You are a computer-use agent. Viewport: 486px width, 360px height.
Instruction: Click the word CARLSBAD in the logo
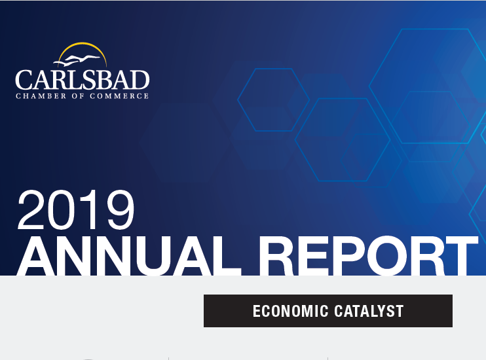tap(83, 80)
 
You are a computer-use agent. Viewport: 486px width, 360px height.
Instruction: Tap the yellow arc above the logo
tap(83, 44)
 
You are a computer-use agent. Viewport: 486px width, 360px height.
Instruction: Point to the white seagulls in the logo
tap(77, 60)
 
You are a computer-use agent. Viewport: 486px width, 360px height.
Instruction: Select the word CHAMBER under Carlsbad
tap(41, 96)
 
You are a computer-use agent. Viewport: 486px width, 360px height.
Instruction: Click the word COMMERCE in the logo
tap(119, 96)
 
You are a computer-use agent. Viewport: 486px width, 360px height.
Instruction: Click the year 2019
tap(76, 210)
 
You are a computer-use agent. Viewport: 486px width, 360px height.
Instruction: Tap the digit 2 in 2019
tap(31, 209)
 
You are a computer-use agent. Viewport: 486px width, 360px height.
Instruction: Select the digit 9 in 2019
tap(121, 210)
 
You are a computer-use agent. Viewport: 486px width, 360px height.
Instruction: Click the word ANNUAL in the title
tap(128, 255)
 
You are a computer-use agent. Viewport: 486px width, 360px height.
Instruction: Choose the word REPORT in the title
tap(368, 255)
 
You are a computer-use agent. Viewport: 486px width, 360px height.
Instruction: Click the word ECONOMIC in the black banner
tap(290, 311)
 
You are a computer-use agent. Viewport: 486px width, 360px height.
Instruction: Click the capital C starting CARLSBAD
tap(24, 80)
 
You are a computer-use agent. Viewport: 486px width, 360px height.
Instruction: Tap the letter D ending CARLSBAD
tap(140, 80)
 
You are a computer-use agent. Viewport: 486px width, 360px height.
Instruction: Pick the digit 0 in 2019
tap(60, 210)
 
